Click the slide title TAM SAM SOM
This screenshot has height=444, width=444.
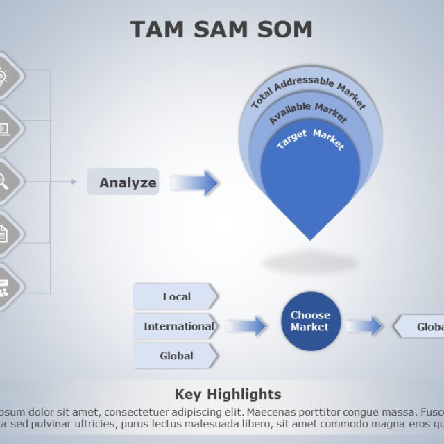pyautogui.click(x=221, y=29)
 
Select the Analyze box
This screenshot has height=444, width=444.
pyautogui.click(x=123, y=182)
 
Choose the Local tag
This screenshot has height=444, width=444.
pyautogui.click(x=176, y=296)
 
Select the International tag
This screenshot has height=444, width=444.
pyautogui.click(x=177, y=326)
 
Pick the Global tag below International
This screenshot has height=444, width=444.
pyautogui.click(x=176, y=356)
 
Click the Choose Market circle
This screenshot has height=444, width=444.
pyautogui.click(x=310, y=321)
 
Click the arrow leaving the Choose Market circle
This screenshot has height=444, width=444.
pyautogui.click(x=365, y=326)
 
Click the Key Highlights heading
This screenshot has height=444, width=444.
pyautogui.click(x=228, y=394)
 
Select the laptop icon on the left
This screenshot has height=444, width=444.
pyautogui.click(x=3, y=128)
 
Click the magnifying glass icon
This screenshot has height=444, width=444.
pyautogui.click(x=3, y=181)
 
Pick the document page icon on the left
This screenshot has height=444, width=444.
pyautogui.click(x=3, y=234)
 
